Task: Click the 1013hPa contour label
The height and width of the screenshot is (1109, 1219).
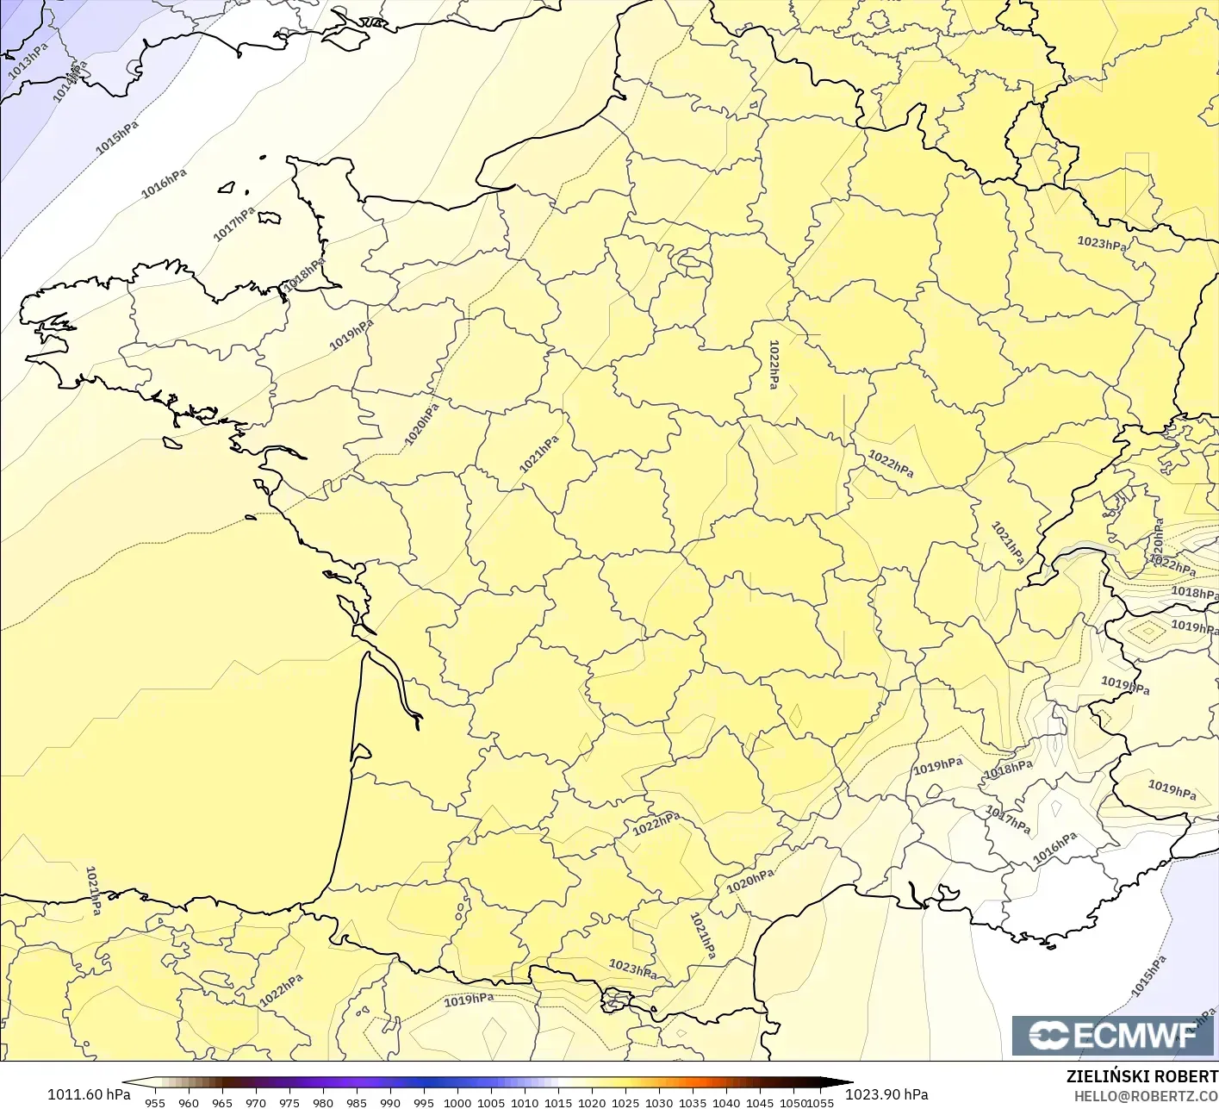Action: (28, 60)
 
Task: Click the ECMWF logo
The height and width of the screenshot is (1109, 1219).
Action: (1113, 1035)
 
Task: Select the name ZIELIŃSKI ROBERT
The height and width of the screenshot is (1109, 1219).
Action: (1141, 1076)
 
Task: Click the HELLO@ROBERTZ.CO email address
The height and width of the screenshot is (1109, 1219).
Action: (1146, 1095)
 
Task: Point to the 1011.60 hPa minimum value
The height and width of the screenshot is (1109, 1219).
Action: (89, 1094)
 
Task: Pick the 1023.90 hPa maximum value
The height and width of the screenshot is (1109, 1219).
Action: (886, 1094)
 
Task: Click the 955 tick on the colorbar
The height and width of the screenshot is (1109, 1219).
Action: (155, 1102)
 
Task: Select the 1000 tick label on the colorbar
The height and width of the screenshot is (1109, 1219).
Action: (457, 1102)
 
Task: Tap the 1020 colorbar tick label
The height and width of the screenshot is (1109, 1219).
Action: (592, 1102)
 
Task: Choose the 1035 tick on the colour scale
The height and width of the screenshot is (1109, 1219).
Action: (693, 1102)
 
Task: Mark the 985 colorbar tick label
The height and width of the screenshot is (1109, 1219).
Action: (357, 1102)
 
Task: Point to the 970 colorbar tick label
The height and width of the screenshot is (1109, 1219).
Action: (256, 1102)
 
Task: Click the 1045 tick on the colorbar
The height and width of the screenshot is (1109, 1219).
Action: (760, 1102)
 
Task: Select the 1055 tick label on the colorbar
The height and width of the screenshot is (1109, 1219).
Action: (821, 1102)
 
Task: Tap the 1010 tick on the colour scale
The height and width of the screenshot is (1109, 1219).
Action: (525, 1102)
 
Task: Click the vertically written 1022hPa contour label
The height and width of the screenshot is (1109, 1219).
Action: (774, 364)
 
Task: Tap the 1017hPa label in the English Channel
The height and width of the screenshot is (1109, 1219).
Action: (234, 224)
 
